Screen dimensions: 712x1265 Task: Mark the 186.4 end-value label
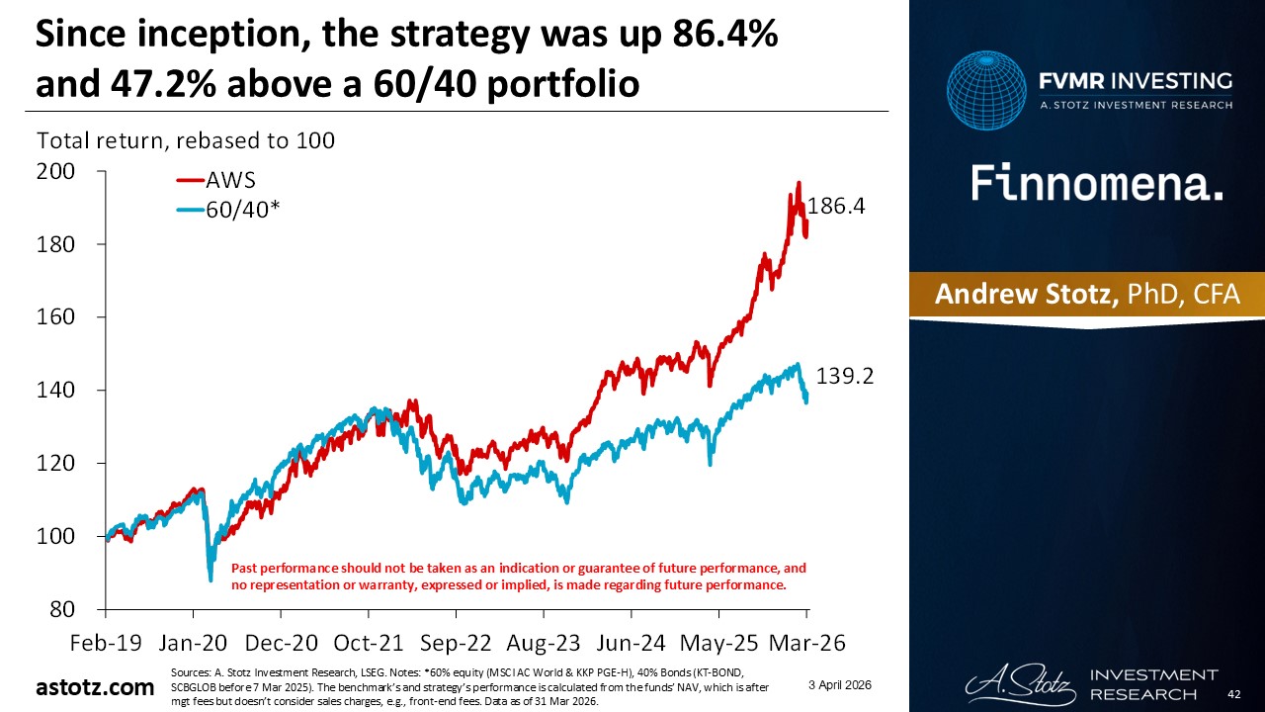coord(838,207)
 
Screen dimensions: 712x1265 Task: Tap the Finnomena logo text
coord(1097,184)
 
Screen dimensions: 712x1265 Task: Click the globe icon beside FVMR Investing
coord(985,91)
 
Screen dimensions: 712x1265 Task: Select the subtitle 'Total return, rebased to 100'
coord(186,140)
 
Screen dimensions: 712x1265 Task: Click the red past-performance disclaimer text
coord(518,577)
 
